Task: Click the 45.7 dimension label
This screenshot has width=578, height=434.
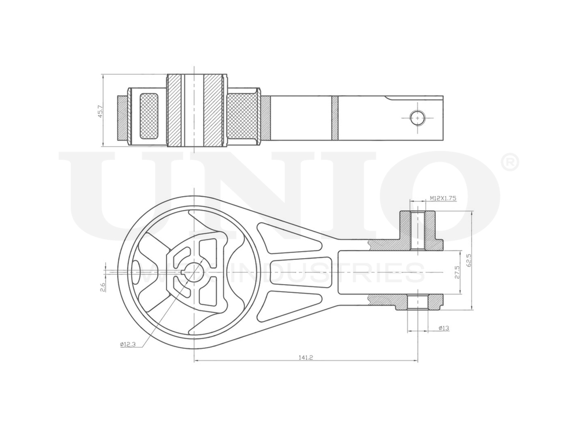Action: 100,111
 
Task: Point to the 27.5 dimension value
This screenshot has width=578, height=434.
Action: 457,272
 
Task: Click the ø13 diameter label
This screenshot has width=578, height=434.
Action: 444,329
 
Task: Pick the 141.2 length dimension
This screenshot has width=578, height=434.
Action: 306,358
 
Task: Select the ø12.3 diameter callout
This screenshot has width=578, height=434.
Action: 128,344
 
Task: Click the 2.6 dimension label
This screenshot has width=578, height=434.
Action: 103,286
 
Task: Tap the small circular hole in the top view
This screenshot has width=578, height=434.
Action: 417,117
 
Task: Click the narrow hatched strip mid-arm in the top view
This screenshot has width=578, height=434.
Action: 334,117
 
